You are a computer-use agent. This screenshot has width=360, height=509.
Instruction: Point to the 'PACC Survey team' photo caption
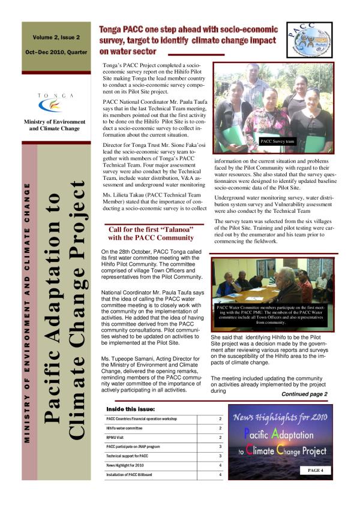pyautogui.click(x=277, y=142)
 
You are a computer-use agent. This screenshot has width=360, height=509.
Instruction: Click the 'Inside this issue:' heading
pyautogui.click(x=131, y=409)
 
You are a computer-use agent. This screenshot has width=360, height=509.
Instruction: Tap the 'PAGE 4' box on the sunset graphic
pyautogui.click(x=315, y=471)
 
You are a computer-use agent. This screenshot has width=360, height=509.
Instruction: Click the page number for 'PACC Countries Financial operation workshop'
pyautogui.click(x=220, y=419)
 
